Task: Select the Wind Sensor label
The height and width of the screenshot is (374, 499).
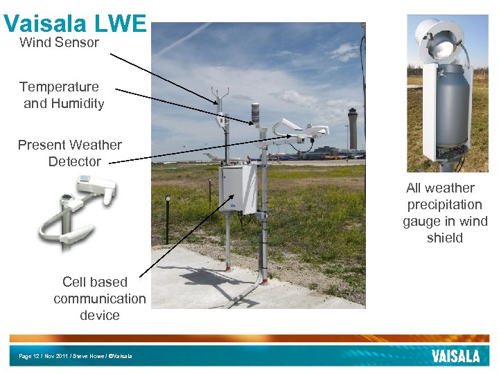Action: pyautogui.click(x=59, y=42)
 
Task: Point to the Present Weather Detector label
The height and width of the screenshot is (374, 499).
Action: pyautogui.click(x=70, y=153)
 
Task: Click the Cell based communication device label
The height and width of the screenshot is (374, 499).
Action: pyautogui.click(x=99, y=299)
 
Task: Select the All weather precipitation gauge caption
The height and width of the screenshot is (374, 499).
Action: pyautogui.click(x=444, y=213)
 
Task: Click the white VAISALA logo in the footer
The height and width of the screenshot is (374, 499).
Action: pyautogui.click(x=455, y=356)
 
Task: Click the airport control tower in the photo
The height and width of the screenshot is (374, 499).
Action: pyautogui.click(x=353, y=128)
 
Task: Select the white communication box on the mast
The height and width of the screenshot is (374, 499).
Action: pyautogui.click(x=238, y=188)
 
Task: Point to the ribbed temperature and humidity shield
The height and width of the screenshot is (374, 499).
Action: pyautogui.click(x=255, y=114)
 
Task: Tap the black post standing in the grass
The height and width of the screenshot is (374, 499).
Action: pyautogui.click(x=168, y=218)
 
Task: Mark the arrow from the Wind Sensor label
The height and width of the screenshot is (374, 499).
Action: pyautogui.click(x=163, y=75)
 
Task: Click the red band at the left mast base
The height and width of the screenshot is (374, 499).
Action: pyautogui.click(x=227, y=267)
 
